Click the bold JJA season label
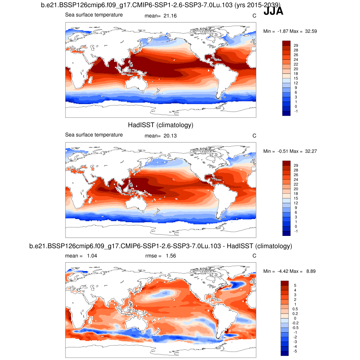tap(273, 12)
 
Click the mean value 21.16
tap(169, 16)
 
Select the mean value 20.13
tap(169, 136)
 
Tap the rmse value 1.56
tap(170, 256)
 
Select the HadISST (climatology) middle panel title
tap(161, 125)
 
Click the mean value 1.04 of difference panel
tap(92, 256)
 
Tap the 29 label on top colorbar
tap(296, 46)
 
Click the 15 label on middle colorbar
tap(296, 198)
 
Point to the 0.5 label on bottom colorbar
tap(297, 309)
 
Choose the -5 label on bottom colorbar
tap(296, 351)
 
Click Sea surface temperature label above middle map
tap(94, 135)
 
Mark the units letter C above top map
tap(254, 16)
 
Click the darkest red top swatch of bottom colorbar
tap(284, 283)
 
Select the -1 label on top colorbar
tap(296, 111)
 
